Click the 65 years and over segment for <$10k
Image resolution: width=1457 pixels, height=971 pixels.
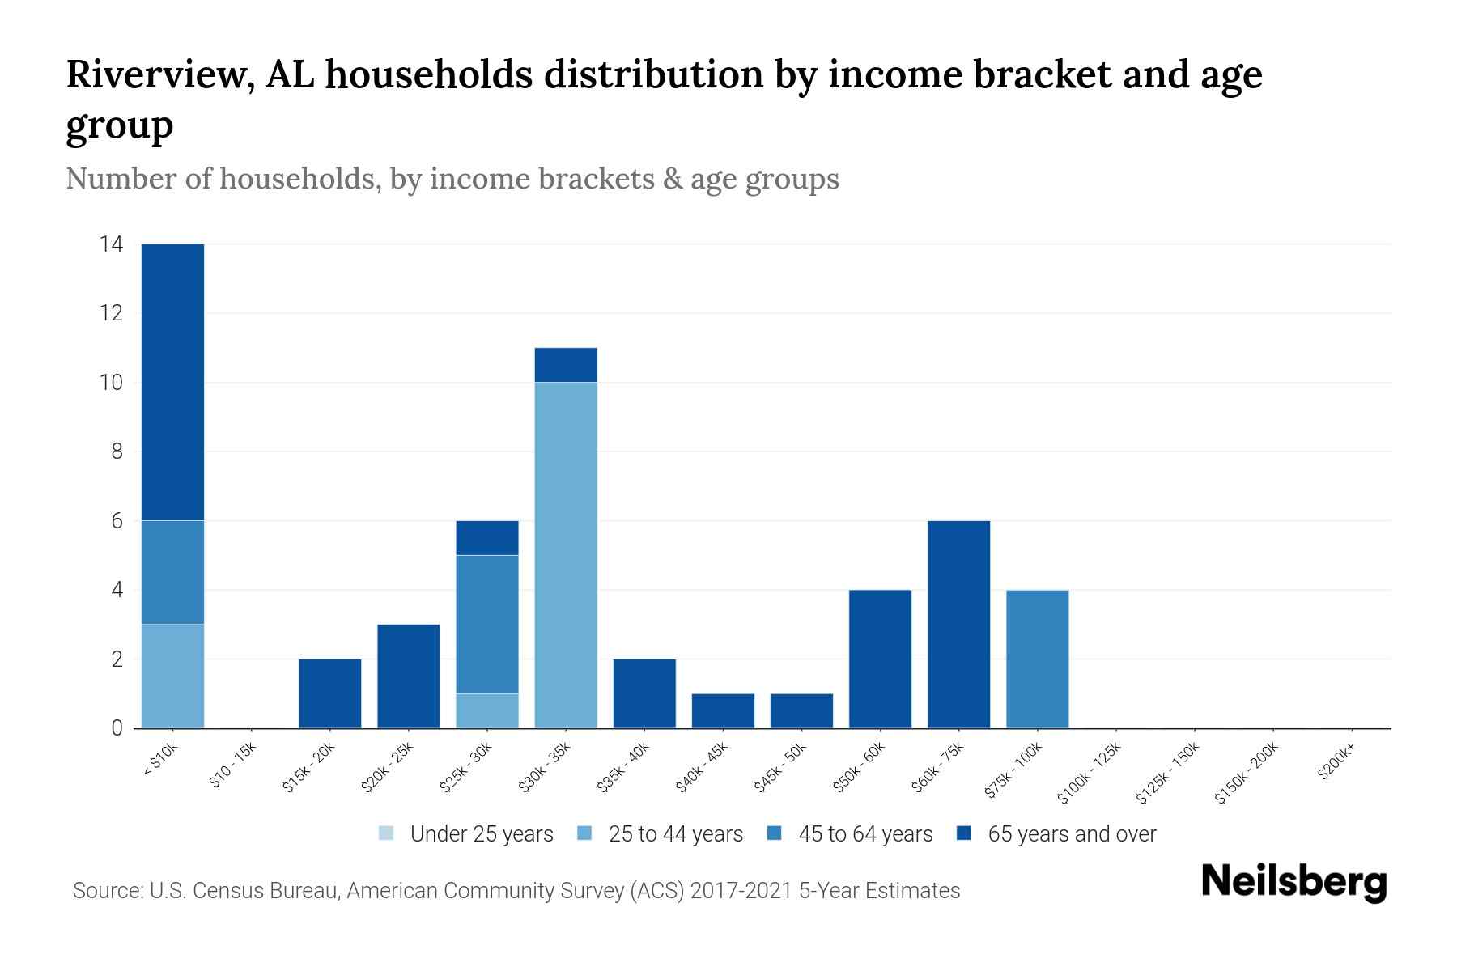[x=172, y=382]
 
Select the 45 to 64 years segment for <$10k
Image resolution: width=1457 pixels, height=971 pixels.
[x=172, y=572]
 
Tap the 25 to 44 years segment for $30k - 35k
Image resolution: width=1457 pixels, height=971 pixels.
[x=566, y=555]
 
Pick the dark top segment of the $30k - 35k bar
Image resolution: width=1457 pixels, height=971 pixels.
[x=566, y=365]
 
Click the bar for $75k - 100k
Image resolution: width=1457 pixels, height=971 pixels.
[x=1037, y=659]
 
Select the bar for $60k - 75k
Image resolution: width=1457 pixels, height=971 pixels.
[x=958, y=624]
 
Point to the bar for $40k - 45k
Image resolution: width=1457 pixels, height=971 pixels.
[x=723, y=710]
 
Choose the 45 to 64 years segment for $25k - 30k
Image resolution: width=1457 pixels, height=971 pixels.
[x=487, y=624]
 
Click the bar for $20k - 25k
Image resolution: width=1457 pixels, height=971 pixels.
[x=409, y=676]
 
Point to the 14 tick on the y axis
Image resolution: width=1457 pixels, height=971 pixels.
[x=111, y=244]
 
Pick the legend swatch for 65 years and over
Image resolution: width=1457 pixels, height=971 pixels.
[x=963, y=833]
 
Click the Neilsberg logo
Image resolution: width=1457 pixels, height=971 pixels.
[x=1293, y=882]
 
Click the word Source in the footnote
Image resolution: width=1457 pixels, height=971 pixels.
[x=105, y=891]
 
